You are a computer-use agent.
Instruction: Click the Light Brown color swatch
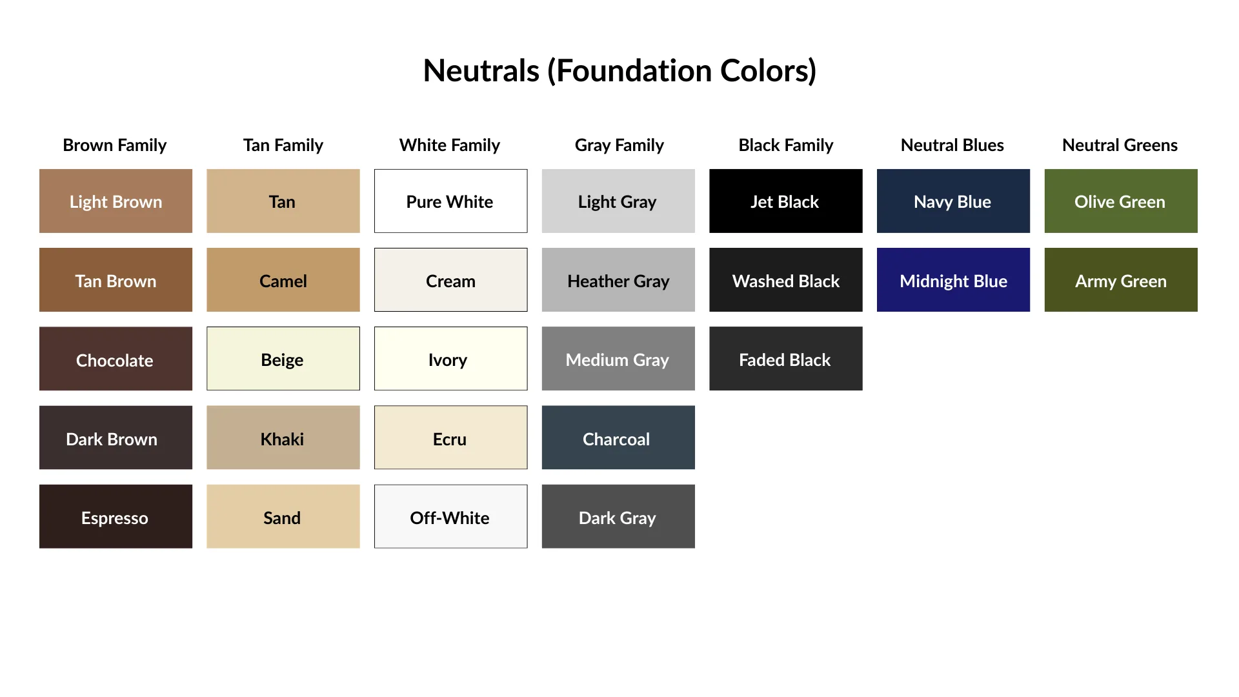[116, 201]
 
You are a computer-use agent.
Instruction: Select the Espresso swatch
[116, 516]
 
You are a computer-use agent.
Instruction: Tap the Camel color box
[283, 279]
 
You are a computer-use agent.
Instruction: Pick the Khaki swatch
[283, 438]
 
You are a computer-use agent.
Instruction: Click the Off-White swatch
[450, 516]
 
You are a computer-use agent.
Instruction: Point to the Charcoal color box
[618, 438]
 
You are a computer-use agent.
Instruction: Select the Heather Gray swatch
[618, 279]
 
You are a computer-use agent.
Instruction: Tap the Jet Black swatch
[785, 201]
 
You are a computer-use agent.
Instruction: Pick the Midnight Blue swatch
[953, 279]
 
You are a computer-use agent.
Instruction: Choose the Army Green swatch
[1120, 279]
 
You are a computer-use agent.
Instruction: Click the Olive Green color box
[1120, 201]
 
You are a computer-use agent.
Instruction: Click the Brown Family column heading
[115, 145]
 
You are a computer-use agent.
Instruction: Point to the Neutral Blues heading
[952, 145]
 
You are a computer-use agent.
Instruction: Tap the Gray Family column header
[619, 145]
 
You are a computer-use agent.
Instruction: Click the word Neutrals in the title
[481, 70]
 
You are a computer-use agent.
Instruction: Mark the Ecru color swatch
[450, 438]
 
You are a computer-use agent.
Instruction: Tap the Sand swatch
[283, 516]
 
